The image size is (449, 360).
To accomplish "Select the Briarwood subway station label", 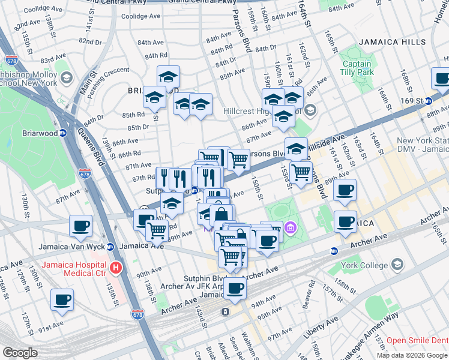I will click(39, 134).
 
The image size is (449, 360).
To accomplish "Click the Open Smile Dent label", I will click(417, 340).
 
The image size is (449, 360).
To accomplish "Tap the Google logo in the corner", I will click(20, 353).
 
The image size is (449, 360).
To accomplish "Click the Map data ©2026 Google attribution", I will click(411, 355).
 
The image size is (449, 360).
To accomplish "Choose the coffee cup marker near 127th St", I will click(62, 299).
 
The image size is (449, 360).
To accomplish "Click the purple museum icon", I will click(291, 227).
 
